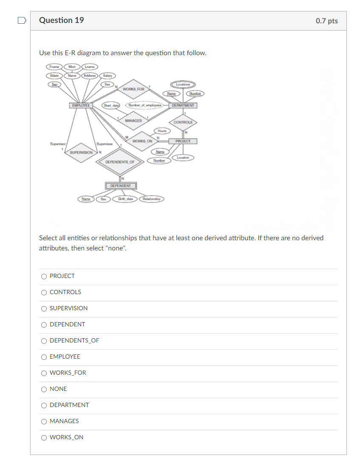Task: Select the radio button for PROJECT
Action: (44, 276)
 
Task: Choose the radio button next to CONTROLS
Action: (44, 292)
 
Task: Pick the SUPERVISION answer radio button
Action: (44, 309)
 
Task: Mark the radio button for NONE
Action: (44, 389)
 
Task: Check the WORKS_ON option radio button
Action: (44, 438)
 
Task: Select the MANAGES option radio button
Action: (44, 421)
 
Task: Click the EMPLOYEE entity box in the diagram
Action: (81, 105)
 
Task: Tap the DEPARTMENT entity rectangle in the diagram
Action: (183, 105)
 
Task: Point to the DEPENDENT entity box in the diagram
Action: (121, 186)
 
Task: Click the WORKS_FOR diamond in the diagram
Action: (133, 89)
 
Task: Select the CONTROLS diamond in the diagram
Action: (183, 122)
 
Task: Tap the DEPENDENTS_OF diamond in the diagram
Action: (120, 162)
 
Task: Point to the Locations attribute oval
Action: (183, 85)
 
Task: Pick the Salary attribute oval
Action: (108, 76)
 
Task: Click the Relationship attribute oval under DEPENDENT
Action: (152, 199)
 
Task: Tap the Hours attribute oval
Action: (162, 131)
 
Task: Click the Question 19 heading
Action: (62, 20)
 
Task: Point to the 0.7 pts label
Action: (326, 21)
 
